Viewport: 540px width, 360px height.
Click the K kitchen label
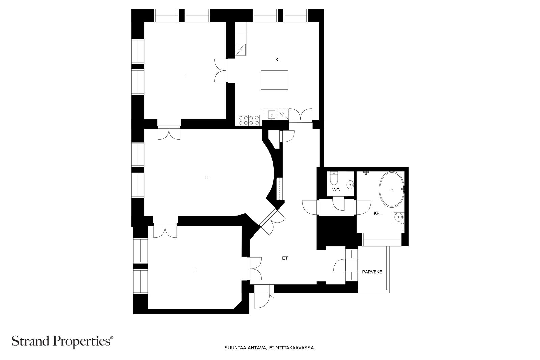[277, 60]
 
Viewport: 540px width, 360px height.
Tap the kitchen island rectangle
[274, 80]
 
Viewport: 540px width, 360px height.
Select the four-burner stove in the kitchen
[248, 120]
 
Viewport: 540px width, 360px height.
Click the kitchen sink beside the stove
[272, 115]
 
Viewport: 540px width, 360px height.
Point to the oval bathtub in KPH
[392, 189]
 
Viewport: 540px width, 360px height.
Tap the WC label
[336, 190]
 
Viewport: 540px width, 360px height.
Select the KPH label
[378, 213]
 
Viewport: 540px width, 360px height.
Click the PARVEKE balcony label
[372, 272]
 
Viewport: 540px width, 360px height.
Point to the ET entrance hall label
[285, 258]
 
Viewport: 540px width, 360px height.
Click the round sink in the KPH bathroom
[399, 217]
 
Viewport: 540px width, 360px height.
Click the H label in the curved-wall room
[207, 177]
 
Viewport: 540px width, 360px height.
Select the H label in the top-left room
[185, 75]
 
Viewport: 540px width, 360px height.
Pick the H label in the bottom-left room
[195, 271]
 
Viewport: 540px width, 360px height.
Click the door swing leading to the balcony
[340, 265]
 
